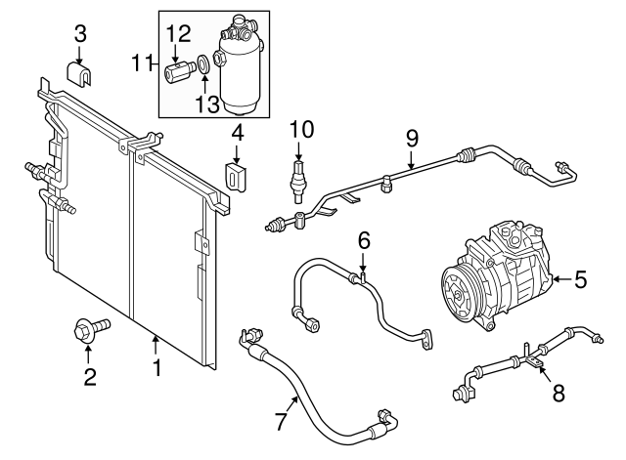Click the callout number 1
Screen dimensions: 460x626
pos(155,369)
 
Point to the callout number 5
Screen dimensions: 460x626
pos(581,280)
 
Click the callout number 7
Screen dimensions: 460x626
pos(282,423)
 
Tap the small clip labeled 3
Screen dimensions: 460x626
pos(82,74)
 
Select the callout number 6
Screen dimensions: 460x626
pos(363,238)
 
